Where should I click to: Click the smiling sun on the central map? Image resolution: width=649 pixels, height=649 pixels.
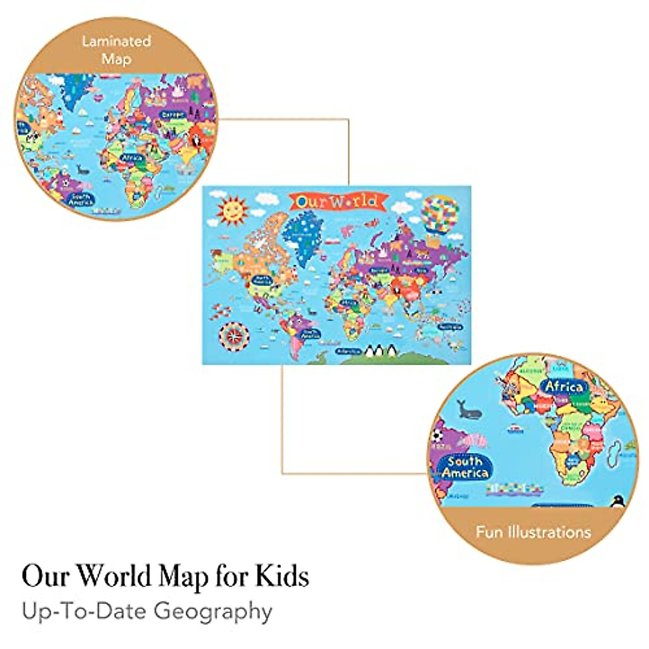coord(231,210)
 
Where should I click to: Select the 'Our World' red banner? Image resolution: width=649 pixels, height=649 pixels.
coord(337,202)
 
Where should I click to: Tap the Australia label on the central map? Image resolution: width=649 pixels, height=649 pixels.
coord(450,327)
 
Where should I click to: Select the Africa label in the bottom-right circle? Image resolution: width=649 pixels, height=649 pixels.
coord(564,386)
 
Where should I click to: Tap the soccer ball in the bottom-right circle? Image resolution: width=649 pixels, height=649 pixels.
coord(437,435)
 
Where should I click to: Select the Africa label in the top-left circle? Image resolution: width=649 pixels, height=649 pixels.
coord(131,158)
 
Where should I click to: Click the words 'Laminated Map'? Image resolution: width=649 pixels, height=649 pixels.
coord(116,49)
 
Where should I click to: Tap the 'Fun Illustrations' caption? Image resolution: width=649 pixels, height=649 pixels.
coord(533,532)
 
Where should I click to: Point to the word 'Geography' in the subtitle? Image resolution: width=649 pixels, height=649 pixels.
coord(213,612)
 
